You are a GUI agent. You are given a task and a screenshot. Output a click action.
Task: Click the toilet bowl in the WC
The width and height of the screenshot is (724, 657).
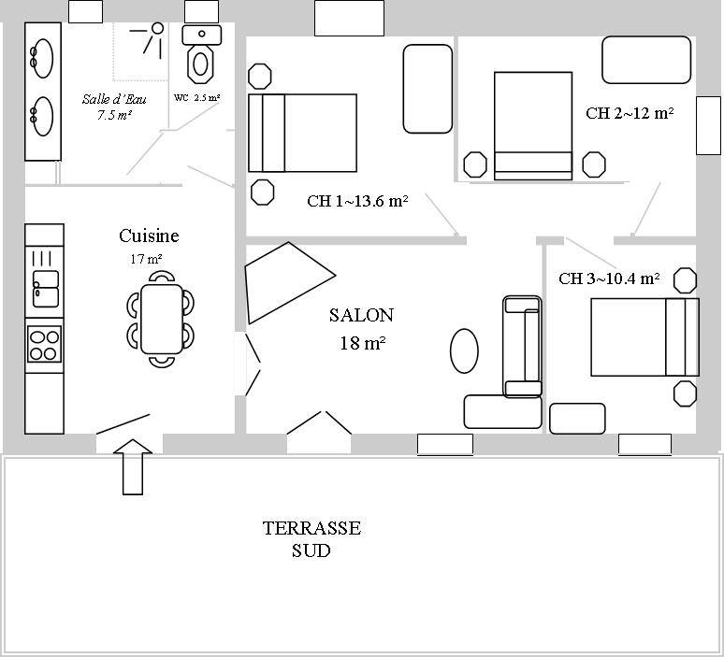coord(200,64)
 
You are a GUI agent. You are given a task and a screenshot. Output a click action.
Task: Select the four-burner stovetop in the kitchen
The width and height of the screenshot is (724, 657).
coord(44,344)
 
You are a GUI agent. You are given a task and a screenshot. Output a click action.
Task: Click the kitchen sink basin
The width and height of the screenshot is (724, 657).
coord(46,289)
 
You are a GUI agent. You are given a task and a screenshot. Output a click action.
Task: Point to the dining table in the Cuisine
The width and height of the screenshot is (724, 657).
coord(161,319)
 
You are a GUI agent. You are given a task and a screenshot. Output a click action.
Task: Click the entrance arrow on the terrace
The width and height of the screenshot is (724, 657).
coord(133,466)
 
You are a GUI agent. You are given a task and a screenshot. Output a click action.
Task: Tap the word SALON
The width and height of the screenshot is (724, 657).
coord(362,315)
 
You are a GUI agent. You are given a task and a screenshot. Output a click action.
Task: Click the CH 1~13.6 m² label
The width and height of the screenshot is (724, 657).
coord(357,201)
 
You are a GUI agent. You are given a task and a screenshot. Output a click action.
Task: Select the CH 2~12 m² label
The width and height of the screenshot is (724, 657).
coord(630,113)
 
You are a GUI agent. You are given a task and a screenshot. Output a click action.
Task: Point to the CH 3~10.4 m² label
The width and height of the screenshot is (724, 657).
coord(609,279)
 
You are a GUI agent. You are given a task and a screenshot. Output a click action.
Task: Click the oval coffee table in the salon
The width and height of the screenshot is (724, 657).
coord(464,351)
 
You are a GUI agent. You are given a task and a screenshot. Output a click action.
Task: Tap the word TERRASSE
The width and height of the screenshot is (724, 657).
coord(311,528)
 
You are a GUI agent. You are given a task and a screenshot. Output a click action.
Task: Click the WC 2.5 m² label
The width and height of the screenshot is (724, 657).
coord(196,98)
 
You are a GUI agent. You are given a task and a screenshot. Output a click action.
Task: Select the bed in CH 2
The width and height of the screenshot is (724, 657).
coord(533,126)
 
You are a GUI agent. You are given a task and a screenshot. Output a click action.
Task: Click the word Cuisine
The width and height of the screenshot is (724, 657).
coord(149,236)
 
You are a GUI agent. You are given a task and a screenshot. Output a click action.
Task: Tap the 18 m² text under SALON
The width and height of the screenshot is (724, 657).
coord(363,343)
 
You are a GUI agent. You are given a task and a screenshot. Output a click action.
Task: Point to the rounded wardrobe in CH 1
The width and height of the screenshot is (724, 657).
coord(427,89)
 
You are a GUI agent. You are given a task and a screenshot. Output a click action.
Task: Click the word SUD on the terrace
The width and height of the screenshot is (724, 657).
coord(311,550)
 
